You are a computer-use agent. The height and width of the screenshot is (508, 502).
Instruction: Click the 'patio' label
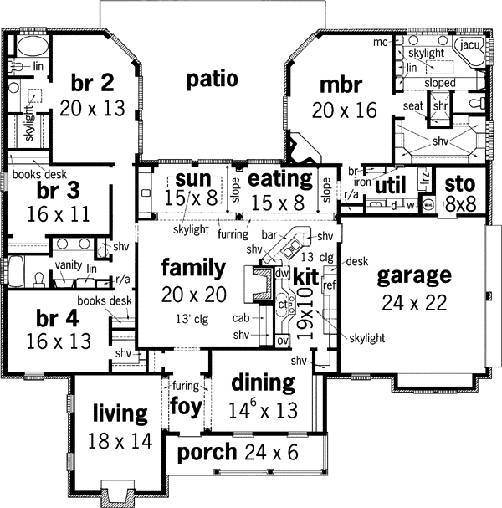tap(212, 80)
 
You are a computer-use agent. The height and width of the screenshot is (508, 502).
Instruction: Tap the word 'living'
tap(120, 413)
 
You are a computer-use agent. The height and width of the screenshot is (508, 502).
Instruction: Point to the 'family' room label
tap(193, 268)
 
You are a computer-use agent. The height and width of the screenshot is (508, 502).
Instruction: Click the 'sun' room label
tap(193, 178)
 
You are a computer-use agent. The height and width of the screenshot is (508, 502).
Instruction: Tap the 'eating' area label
tap(280, 178)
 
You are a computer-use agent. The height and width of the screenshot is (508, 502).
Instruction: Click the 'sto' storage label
tap(460, 184)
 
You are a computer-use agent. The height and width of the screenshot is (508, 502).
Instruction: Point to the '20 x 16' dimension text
tap(344, 110)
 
